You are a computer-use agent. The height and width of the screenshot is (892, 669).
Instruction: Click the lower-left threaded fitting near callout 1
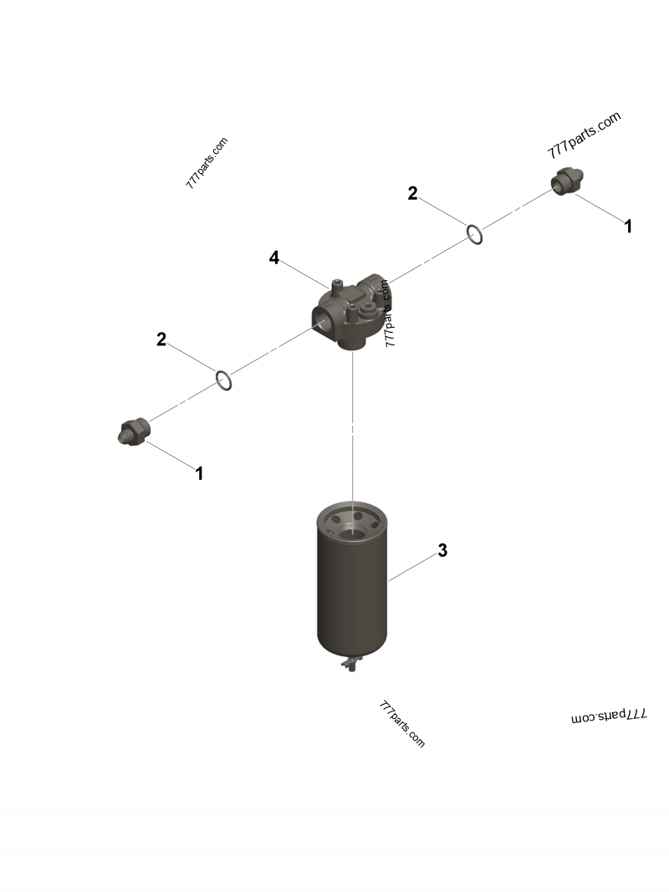(133, 431)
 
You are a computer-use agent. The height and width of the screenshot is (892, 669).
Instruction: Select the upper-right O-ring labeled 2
(473, 235)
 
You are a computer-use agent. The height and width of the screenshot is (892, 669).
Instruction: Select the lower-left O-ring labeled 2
(223, 380)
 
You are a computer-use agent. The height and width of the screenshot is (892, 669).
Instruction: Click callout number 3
(442, 551)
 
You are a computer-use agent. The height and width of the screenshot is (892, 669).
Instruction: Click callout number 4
(273, 257)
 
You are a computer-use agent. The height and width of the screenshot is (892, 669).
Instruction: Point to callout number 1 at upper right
(628, 226)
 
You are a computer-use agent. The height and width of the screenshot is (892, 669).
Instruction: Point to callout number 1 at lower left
(199, 474)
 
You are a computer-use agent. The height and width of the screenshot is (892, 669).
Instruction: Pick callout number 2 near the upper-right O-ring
(412, 194)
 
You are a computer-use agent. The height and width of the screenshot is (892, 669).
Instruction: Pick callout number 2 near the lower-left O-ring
(161, 339)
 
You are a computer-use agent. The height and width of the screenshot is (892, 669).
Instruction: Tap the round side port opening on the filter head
(322, 318)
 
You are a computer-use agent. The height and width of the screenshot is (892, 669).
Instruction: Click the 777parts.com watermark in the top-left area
(207, 163)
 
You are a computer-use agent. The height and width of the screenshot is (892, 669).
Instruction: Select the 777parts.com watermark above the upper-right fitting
(585, 135)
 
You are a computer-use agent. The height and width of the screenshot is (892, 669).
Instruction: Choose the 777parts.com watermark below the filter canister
(402, 724)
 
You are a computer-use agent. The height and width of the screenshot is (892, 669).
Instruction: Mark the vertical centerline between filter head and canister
(354, 426)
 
